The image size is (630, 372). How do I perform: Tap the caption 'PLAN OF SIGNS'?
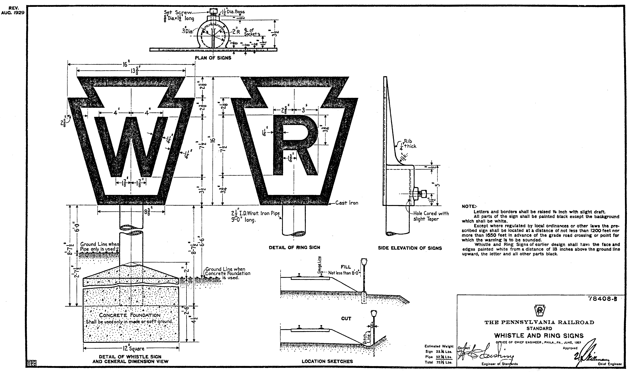coord(213,58)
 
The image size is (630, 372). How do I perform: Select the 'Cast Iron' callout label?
coord(347,203)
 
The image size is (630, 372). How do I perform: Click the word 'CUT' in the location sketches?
coord(346,319)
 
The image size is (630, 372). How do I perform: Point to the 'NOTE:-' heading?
coord(468,207)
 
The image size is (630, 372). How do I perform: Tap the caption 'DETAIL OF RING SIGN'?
coord(294,247)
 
